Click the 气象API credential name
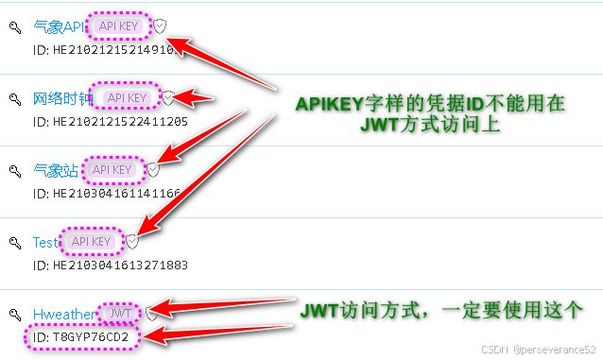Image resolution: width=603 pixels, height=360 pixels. [59, 27]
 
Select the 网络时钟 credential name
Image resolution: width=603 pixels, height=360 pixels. [62, 98]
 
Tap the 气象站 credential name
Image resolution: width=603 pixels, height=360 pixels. [55, 170]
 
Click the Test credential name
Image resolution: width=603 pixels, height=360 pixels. [45, 242]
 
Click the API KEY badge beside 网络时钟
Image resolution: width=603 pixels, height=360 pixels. [127, 97]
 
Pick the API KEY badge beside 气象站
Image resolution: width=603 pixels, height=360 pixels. [112, 170]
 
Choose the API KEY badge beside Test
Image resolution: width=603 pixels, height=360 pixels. [93, 242]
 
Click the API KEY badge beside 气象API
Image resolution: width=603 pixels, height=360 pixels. [122, 26]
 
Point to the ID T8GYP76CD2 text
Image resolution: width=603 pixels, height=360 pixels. [80, 337]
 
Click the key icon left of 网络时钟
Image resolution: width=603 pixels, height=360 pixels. [15, 98]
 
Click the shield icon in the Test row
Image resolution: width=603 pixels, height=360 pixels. [132, 242]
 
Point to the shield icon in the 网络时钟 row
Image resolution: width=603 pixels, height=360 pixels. [167, 97]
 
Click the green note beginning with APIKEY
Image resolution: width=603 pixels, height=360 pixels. [430, 114]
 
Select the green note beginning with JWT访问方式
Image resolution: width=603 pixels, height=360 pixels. [439, 310]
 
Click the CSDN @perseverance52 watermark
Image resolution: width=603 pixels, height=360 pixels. [539, 349]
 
